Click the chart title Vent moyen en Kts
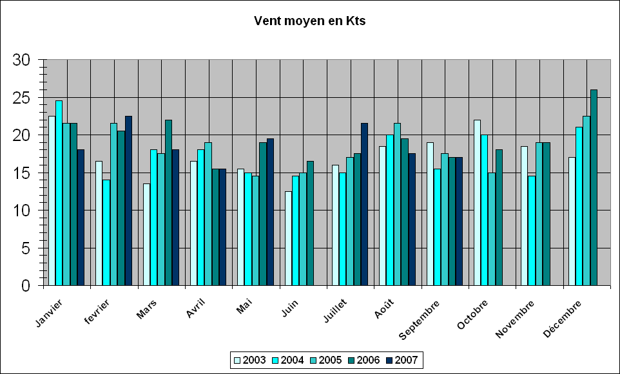(x=310, y=21)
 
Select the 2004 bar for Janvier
(x=59, y=193)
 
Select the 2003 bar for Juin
(x=288, y=238)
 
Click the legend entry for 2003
(x=250, y=360)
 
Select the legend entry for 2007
(x=403, y=360)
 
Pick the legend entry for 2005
(x=327, y=360)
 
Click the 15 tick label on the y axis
(x=22, y=173)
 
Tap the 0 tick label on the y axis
(x=26, y=286)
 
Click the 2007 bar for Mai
(x=270, y=212)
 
